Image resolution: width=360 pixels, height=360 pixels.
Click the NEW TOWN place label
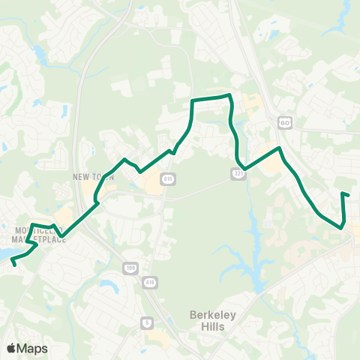92,177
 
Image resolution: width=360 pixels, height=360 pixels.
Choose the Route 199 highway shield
129,268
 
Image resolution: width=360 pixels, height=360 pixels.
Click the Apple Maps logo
27,348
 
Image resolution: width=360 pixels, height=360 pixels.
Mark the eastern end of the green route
349,196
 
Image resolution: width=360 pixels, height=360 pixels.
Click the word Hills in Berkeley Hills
214,329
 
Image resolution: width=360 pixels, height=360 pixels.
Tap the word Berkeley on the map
214,316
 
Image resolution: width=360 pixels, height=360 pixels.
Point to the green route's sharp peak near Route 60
280,148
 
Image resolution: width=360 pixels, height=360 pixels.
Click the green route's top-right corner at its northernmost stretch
229,96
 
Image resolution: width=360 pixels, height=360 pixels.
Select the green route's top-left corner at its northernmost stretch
193,100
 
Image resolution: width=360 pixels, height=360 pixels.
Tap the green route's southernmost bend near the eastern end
342,227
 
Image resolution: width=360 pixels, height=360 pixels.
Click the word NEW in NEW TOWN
82,177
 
